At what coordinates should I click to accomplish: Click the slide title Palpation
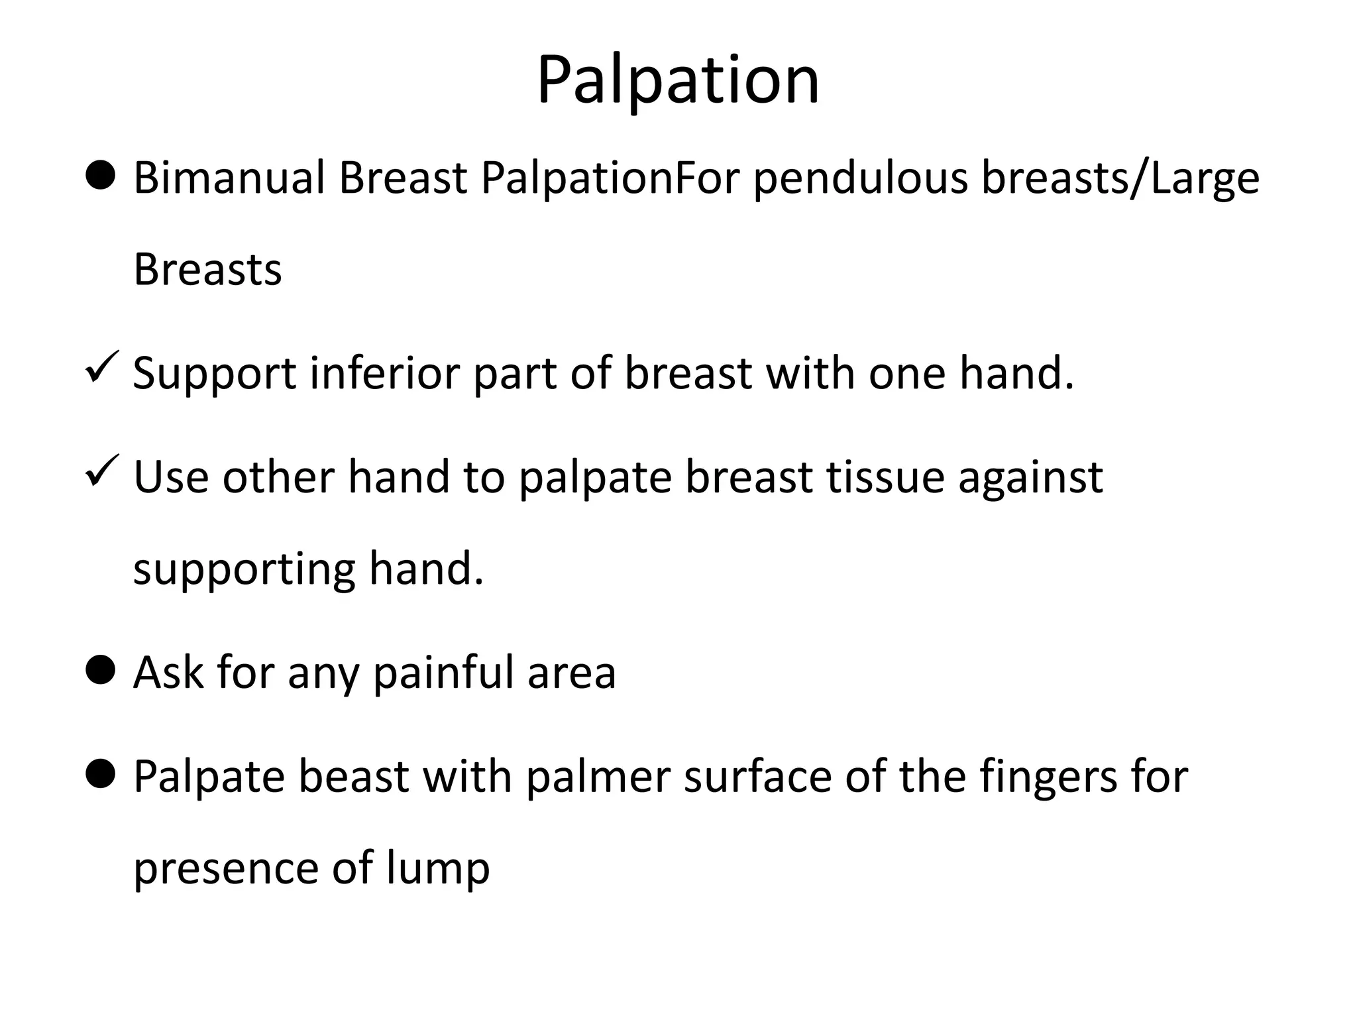click(x=678, y=81)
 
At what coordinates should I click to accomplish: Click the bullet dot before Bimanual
click(x=101, y=176)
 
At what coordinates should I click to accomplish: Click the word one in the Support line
click(x=907, y=373)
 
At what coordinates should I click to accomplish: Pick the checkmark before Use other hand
click(x=102, y=470)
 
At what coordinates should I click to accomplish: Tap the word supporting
click(x=244, y=570)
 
